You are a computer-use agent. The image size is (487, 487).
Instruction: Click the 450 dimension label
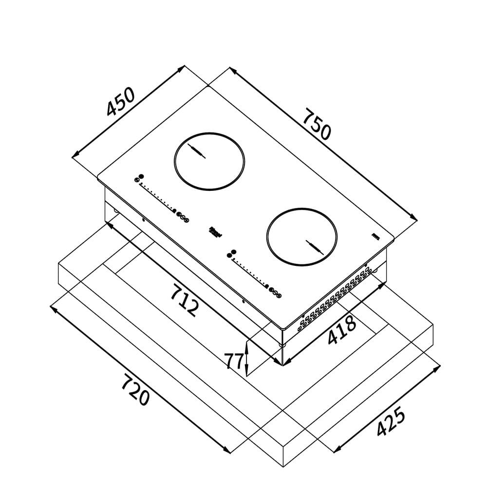tap(120, 102)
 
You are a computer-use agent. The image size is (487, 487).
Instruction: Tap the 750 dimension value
tap(317, 125)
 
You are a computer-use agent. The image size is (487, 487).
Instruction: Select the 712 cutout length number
tap(185, 300)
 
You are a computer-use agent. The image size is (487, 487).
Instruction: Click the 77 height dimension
tap(234, 361)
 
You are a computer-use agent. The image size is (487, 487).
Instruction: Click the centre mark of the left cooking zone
tap(197, 152)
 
